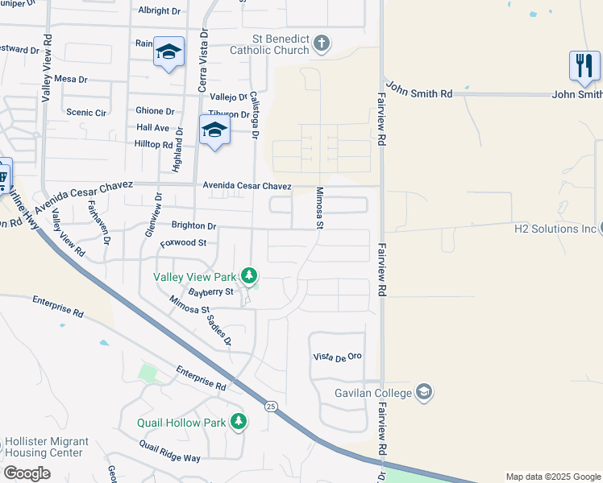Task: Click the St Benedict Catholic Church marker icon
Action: [x=322, y=43]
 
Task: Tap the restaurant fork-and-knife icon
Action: [x=584, y=66]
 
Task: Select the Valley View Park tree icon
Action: [x=250, y=277]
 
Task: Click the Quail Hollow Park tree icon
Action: [x=238, y=422]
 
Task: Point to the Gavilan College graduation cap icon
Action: [x=424, y=393]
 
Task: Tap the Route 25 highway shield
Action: [x=270, y=407]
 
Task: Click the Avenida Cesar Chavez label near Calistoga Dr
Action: [x=246, y=186]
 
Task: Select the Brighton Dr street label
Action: [x=193, y=226]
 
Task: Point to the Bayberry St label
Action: [x=210, y=291]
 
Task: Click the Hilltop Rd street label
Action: [x=155, y=145]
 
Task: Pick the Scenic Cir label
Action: [x=86, y=113]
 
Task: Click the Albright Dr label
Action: [x=160, y=11]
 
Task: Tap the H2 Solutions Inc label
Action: [x=554, y=229]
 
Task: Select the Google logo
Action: [x=27, y=473]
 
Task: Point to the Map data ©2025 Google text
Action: [x=552, y=477]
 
